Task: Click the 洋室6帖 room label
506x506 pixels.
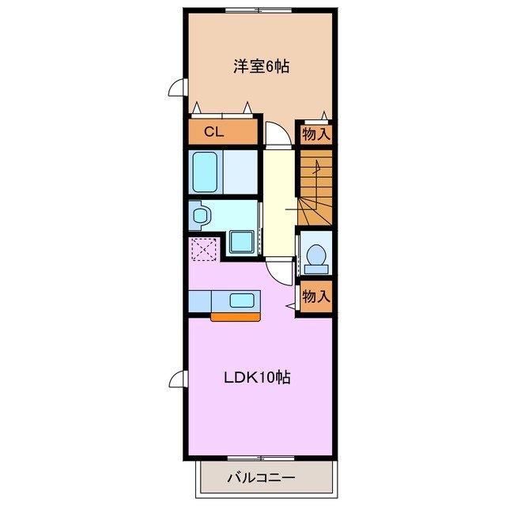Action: click(x=260, y=66)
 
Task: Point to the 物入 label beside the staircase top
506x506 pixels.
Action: click(x=315, y=134)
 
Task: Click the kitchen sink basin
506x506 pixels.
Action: click(x=243, y=300)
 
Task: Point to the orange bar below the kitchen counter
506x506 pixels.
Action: click(x=236, y=317)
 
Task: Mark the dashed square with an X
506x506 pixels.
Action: click(x=203, y=251)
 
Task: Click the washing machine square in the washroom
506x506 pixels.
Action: click(x=242, y=242)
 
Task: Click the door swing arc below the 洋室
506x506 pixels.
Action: click(x=274, y=134)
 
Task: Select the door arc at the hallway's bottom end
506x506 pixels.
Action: click(x=278, y=270)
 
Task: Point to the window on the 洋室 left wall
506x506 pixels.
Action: click(x=179, y=89)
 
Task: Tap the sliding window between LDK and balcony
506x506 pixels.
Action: click(x=259, y=457)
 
